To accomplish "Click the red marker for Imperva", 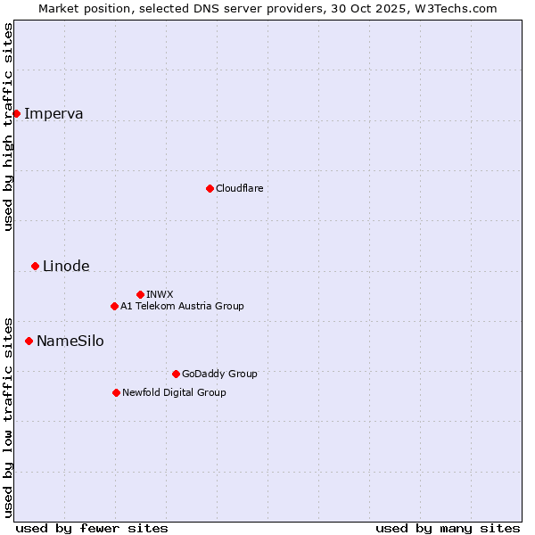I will tap(16, 113).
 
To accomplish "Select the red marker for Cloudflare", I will tap(210, 188).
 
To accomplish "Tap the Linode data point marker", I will tap(35, 266).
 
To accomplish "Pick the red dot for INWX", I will tap(140, 294).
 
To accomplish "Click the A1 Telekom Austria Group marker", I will tap(114, 306).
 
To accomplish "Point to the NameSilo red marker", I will tap(29, 341).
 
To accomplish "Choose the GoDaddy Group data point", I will tap(176, 374).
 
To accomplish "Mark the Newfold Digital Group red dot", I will tap(116, 392).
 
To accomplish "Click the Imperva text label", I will tap(53, 113).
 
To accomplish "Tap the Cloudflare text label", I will tap(239, 188).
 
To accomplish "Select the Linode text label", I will tap(66, 266).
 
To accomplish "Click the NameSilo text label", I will tap(70, 341).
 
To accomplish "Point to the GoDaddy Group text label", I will tap(219, 374).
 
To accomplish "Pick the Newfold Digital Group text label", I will tap(174, 392).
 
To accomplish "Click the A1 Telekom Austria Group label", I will tap(182, 306).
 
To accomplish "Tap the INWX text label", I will tap(160, 294).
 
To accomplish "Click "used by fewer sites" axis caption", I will tap(92, 528).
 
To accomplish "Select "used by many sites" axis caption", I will tap(448, 528).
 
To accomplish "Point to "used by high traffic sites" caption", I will tap(8, 127).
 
